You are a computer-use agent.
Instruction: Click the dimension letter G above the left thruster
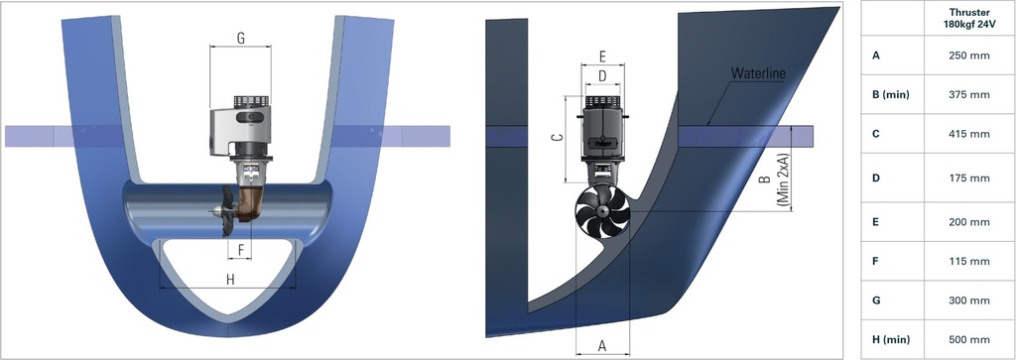click(241, 39)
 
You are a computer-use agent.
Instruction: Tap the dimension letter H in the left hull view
click(230, 280)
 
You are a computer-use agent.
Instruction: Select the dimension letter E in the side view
click(601, 57)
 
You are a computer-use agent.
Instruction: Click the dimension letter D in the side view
click(601, 75)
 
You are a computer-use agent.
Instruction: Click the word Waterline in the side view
click(757, 74)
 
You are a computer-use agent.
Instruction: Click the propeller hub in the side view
click(602, 218)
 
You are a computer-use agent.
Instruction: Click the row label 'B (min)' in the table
click(891, 94)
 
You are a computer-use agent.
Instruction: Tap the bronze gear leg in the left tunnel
click(255, 199)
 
